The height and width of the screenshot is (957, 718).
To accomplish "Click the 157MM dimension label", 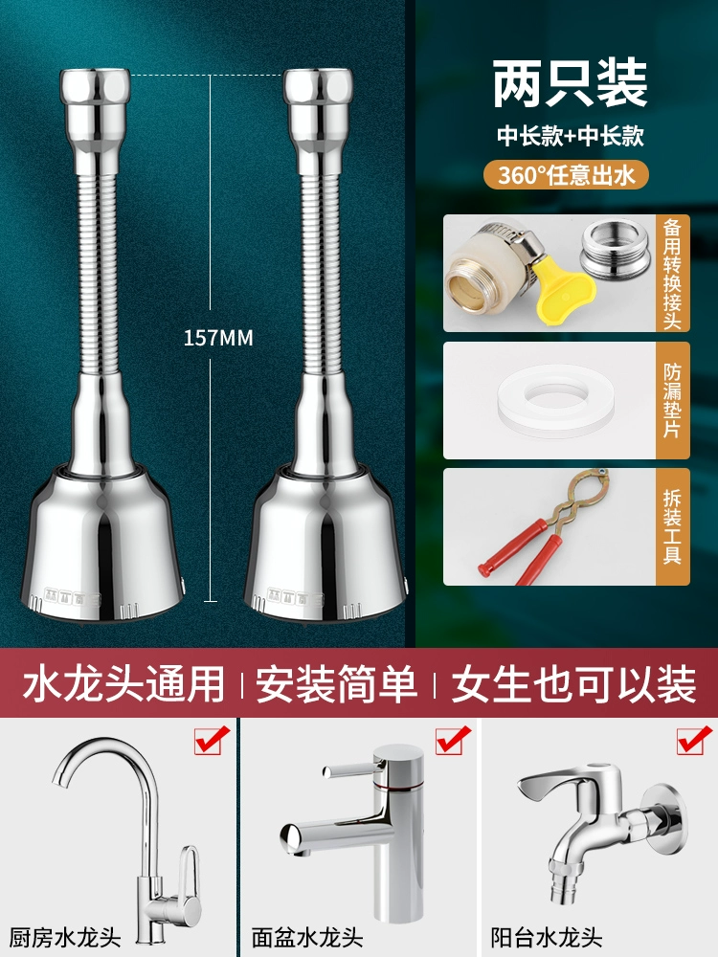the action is coord(218,338).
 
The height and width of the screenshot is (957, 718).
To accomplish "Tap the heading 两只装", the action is coord(570,82).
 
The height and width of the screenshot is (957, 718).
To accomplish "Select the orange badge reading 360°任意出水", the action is coord(566,175).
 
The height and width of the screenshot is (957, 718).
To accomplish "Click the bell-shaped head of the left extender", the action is coord(101,545).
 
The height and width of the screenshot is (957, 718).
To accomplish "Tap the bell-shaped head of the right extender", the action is coord(325,545).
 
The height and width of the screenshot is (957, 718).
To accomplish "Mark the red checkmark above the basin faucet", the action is coord(453,741).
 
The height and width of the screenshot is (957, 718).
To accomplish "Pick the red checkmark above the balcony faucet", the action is coord(694,741).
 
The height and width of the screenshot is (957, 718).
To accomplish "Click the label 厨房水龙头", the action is coord(64,937).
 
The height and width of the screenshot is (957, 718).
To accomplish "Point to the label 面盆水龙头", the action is coord(306,937).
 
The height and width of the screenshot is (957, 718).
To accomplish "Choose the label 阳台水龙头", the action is coord(547,937).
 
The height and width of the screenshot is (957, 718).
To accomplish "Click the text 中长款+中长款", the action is coord(571,136).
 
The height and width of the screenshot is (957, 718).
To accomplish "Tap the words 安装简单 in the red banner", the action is coord(337,684).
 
